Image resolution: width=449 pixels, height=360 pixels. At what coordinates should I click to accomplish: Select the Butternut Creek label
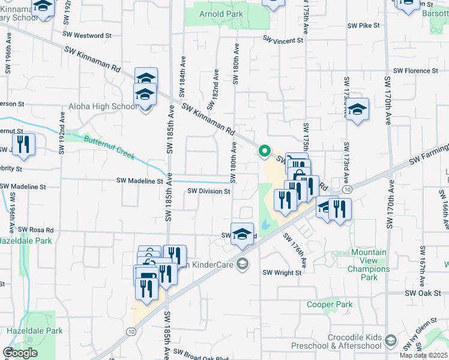109,147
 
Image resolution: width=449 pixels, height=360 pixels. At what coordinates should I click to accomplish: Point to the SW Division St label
209,191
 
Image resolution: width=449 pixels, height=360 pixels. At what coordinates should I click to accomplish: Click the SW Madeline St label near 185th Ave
140,181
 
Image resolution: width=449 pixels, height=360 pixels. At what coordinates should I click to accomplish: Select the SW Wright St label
282,272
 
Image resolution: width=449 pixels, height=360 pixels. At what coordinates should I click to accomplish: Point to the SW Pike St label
364,26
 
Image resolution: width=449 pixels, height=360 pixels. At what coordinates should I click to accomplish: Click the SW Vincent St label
283,40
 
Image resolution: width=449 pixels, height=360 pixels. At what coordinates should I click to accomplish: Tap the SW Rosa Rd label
35,230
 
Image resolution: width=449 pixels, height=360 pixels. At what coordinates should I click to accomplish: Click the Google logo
20,353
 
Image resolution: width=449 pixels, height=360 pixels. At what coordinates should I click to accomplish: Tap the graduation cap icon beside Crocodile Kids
391,341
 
